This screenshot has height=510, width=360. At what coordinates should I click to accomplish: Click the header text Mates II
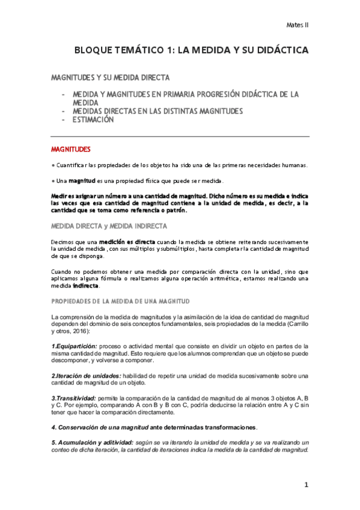(x=297, y=25)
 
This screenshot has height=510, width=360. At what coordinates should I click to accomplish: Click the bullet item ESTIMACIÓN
(x=93, y=120)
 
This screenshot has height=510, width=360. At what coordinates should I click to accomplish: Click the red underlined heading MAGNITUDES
(x=70, y=148)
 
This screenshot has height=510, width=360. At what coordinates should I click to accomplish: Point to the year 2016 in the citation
(x=78, y=331)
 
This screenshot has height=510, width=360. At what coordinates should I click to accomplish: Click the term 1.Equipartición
(x=74, y=346)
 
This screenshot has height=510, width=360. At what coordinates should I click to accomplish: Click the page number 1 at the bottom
(x=306, y=485)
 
